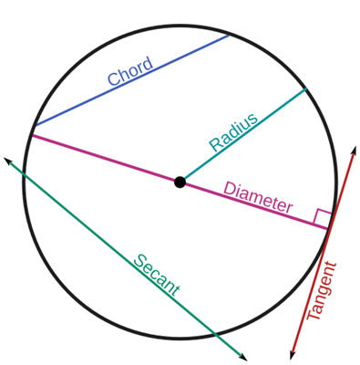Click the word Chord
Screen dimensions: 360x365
click(130, 70)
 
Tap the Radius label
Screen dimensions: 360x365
click(233, 132)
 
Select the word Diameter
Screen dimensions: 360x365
click(258, 197)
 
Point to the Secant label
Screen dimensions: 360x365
click(157, 275)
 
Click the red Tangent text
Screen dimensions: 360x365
click(322, 291)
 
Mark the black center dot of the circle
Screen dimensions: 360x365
click(180, 182)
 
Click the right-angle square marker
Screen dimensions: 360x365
click(322, 217)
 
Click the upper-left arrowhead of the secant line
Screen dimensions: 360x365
click(6, 160)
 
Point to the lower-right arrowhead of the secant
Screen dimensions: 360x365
click(244, 358)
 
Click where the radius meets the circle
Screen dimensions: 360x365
click(306, 89)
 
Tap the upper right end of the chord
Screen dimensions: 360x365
click(229, 36)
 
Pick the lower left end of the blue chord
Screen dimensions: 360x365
click(36, 125)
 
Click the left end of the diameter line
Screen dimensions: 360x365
click(33, 135)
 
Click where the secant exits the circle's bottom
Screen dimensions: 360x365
click(215, 334)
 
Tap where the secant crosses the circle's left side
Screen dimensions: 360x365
click(24, 173)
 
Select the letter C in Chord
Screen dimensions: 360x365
click(113, 78)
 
